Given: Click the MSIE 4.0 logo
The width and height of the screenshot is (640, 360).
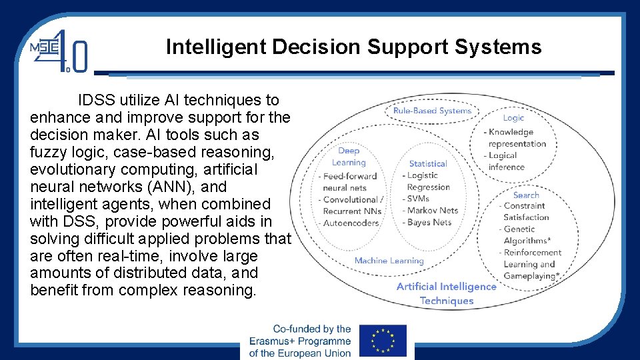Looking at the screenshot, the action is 58,51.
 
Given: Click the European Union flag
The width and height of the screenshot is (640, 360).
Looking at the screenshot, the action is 382,341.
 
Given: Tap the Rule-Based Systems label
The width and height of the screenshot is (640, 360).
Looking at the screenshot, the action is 432,111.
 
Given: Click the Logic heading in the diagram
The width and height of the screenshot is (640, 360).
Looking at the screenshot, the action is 513,118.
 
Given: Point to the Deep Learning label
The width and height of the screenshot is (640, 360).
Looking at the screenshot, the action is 349,157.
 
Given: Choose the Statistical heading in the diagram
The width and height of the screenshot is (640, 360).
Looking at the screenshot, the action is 428,163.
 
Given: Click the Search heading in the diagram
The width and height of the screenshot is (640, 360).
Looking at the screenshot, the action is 526,195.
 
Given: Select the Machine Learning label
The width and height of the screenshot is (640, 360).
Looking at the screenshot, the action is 389,261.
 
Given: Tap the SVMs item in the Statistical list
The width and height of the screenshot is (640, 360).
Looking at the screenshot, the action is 418,199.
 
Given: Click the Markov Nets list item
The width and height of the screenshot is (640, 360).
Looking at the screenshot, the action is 433,211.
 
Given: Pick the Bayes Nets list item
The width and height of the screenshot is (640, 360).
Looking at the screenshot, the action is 429,223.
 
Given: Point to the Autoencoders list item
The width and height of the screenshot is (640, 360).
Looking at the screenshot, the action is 351,223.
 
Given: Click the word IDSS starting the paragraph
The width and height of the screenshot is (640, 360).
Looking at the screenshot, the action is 97,101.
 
